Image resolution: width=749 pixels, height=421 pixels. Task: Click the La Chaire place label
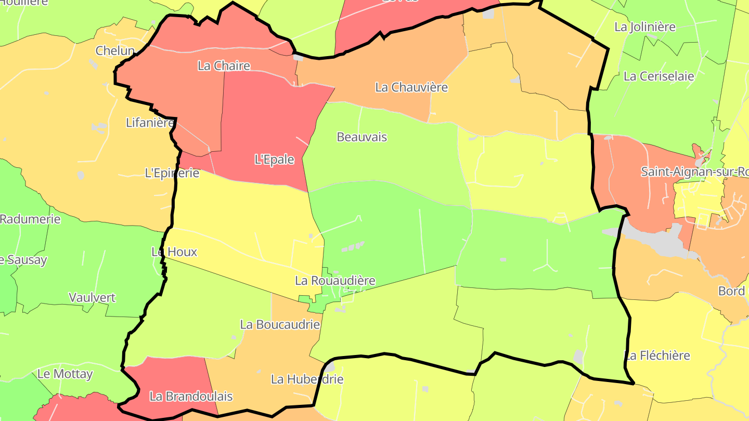(x=224, y=66)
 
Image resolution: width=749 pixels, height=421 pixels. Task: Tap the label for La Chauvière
(x=411, y=87)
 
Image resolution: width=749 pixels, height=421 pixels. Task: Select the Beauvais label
(x=362, y=137)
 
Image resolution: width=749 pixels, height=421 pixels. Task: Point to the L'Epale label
(x=274, y=160)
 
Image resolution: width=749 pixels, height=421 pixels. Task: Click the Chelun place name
(x=115, y=51)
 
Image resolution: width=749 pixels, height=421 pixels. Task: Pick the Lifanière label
(x=150, y=123)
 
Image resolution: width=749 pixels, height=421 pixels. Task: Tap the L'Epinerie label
(x=172, y=173)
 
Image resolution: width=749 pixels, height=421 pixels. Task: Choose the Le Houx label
(x=174, y=252)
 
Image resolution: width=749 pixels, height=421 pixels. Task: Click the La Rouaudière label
(x=335, y=281)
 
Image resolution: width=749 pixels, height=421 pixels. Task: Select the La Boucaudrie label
(x=279, y=324)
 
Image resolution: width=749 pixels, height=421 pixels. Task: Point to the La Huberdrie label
(x=307, y=379)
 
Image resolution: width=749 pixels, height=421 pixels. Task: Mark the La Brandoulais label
(x=191, y=396)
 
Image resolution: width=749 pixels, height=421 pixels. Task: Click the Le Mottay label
(x=65, y=374)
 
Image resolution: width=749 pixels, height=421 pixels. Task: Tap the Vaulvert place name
(x=92, y=298)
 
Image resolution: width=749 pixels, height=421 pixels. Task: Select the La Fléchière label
(x=657, y=356)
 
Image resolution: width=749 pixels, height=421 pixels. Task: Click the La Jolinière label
(x=644, y=27)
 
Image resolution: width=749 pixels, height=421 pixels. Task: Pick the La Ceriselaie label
(x=658, y=76)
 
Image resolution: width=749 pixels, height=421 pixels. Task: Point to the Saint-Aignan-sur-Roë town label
(x=694, y=172)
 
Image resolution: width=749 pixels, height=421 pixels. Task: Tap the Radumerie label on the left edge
(x=30, y=219)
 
